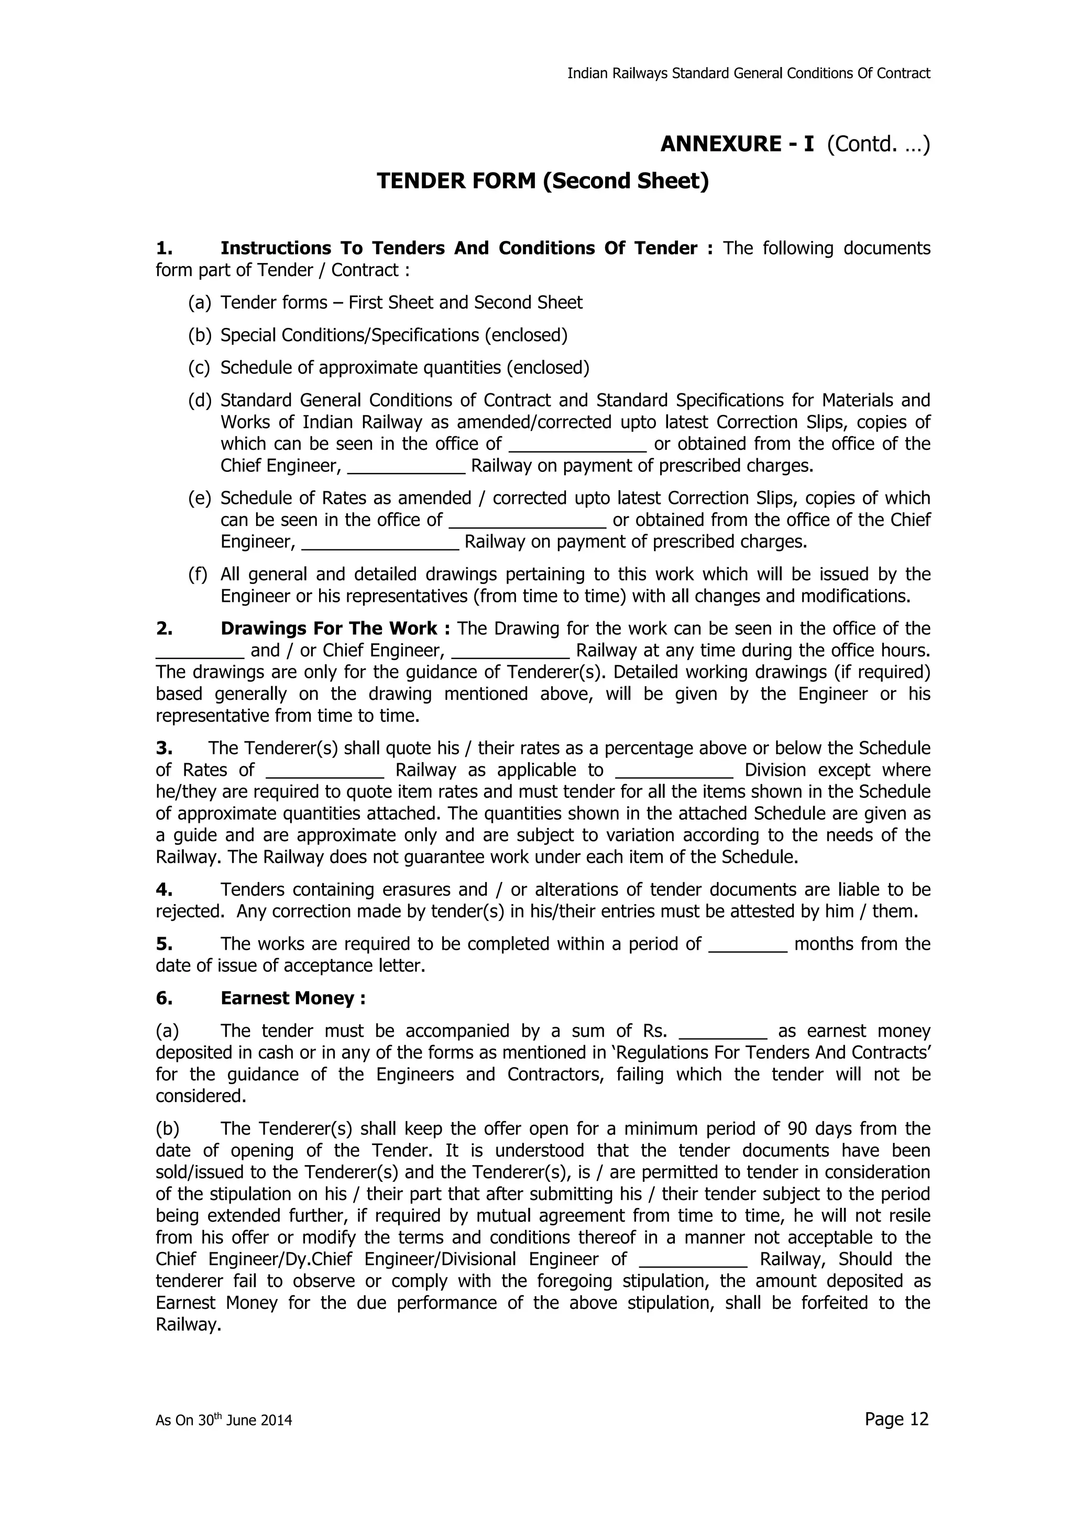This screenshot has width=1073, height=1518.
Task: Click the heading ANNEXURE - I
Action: click(x=737, y=144)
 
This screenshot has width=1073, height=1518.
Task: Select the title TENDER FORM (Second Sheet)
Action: click(x=542, y=181)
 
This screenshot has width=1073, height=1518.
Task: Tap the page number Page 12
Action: click(x=896, y=1419)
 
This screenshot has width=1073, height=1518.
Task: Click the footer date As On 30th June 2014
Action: click(x=224, y=1420)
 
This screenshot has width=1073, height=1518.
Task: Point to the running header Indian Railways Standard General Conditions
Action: click(x=748, y=73)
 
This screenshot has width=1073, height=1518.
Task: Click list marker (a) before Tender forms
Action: click(x=199, y=303)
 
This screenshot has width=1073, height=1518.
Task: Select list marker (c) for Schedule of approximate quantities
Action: click(x=199, y=368)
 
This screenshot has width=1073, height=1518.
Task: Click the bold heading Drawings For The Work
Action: click(x=329, y=629)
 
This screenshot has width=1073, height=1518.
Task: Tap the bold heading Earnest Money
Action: click(x=293, y=998)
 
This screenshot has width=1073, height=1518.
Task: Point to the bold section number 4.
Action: click(x=164, y=890)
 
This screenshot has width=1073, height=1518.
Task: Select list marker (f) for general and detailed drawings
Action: click(x=198, y=575)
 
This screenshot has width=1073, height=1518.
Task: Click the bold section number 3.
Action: click(x=164, y=749)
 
